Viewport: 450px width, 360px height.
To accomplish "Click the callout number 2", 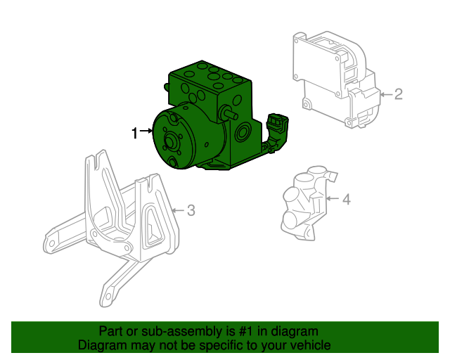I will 398,94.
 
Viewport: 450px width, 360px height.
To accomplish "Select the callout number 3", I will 190,210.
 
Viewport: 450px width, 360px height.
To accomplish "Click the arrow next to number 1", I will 146,131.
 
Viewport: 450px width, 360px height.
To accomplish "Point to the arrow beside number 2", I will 385,94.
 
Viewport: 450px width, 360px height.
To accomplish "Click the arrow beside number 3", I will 177,210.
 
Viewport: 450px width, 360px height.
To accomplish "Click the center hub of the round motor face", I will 171,143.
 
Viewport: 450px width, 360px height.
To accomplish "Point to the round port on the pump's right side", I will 244,133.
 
